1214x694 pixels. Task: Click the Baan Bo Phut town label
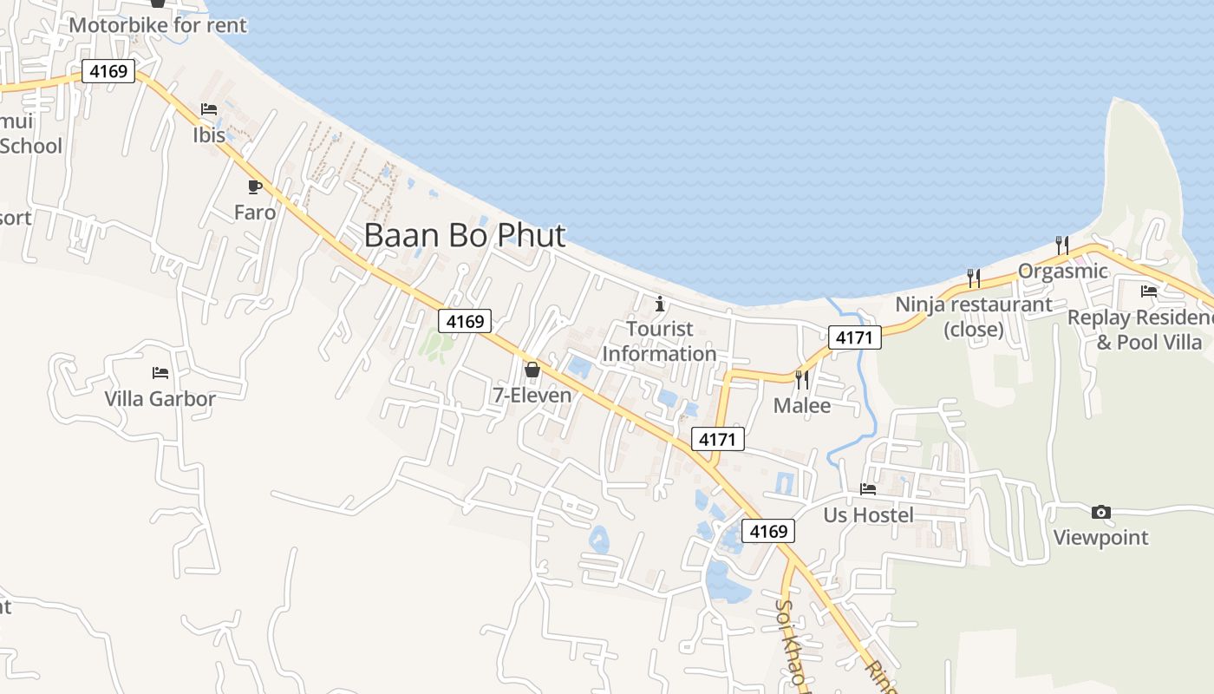click(x=465, y=235)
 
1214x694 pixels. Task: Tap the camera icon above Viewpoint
click(x=1101, y=512)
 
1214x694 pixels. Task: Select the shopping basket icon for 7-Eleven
click(x=532, y=370)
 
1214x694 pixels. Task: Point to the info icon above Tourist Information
click(x=660, y=304)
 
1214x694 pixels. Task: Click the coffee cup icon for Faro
click(x=255, y=187)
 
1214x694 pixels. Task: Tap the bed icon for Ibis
click(x=209, y=109)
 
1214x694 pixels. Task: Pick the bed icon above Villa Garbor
click(x=160, y=373)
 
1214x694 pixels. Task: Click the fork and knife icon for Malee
click(x=801, y=379)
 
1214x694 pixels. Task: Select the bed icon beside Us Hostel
click(x=868, y=489)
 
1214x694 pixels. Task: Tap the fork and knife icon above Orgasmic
click(x=1062, y=246)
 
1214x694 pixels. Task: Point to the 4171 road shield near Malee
click(x=718, y=439)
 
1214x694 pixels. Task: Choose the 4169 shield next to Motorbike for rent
click(x=109, y=71)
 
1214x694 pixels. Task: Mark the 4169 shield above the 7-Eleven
click(x=465, y=321)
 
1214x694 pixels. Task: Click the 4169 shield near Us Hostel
click(x=768, y=531)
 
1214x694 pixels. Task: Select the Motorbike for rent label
click(x=158, y=24)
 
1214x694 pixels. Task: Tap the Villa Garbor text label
click(x=160, y=399)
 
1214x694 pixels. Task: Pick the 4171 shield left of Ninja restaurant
click(x=854, y=337)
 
